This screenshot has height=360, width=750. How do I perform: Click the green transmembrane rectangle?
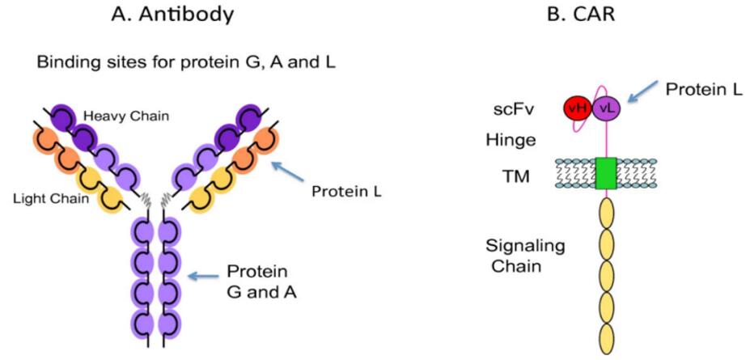pos(606,174)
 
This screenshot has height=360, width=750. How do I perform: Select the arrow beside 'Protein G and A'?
pos(205,277)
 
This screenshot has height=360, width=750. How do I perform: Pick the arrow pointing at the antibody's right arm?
pos(290,172)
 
